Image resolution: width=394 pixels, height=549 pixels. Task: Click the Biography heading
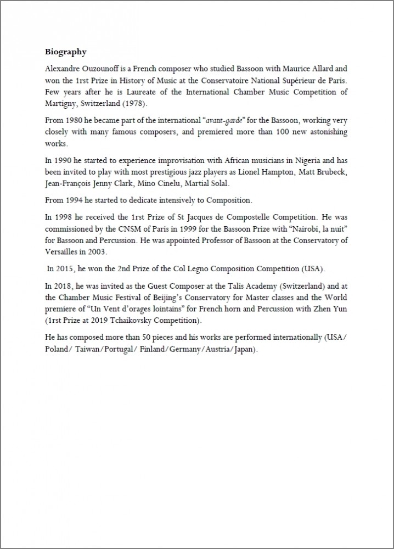(65, 53)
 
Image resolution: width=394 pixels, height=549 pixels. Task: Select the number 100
(253, 132)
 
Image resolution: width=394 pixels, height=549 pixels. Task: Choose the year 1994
(75, 201)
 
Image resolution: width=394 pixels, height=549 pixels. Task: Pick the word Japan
(242, 349)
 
